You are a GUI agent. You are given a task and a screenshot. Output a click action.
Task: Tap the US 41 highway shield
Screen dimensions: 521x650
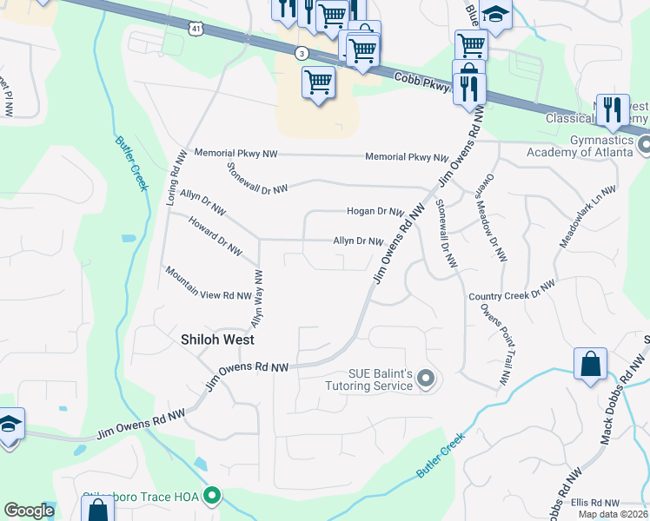click(196, 29)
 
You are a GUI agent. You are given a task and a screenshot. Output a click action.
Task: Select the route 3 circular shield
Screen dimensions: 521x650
click(301, 53)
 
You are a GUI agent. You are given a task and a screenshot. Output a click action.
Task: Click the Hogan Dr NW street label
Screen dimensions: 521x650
click(375, 211)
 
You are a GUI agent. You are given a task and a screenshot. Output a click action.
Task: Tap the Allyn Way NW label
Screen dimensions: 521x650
click(257, 298)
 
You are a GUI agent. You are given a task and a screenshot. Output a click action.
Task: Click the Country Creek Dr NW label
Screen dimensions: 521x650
click(511, 291)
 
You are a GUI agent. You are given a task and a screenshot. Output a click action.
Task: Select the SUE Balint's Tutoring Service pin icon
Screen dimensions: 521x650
click(425, 378)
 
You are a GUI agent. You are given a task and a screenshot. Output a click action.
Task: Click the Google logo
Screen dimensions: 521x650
click(29, 511)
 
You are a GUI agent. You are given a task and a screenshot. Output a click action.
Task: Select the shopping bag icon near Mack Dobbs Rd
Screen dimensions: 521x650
click(590, 365)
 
